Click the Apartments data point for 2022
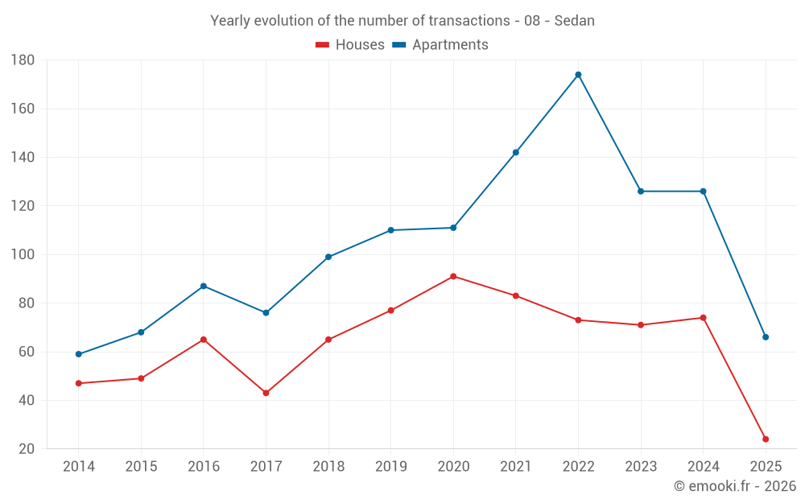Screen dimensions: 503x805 [578, 75]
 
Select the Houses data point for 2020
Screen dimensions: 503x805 [453, 276]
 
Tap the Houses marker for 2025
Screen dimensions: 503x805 [766, 439]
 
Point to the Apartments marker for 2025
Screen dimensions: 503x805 [766, 337]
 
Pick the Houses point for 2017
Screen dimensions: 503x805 [266, 393]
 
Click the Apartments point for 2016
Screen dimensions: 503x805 [203, 286]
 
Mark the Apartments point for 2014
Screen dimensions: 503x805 [78, 354]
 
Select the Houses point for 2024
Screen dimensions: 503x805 [703, 317]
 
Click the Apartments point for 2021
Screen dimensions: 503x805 [515, 152]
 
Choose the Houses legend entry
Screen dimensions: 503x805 [350, 45]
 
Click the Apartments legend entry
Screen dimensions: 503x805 [440, 45]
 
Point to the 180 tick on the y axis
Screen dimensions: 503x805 [23, 60]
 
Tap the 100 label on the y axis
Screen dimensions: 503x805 [23, 255]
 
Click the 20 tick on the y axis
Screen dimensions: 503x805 [26, 449]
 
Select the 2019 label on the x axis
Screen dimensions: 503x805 [390, 467]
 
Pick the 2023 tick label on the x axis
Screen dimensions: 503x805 [641, 467]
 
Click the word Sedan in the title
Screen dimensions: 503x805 [574, 21]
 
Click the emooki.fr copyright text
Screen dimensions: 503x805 [735, 486]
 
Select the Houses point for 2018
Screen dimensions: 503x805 [328, 340]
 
